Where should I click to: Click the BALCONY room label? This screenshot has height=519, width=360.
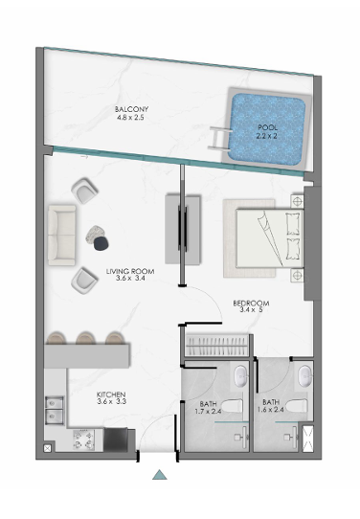coord(131,109)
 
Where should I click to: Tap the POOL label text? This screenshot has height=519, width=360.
coord(268,127)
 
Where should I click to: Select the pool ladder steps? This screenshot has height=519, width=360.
coord(219,138)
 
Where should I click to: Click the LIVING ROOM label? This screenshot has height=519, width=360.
coord(130,271)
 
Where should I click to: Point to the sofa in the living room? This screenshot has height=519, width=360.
coord(62,235)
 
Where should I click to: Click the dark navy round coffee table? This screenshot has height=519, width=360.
coord(101,243)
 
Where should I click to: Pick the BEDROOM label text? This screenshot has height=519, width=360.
coord(251,304)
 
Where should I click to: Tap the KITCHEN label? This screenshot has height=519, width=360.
coord(111,395)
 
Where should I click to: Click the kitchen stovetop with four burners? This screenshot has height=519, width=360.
coord(83,440)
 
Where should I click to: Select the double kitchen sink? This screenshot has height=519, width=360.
coord(55,410)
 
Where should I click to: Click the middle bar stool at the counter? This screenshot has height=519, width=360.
coord(85,338)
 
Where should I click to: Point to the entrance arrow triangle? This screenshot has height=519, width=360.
coord(160,474)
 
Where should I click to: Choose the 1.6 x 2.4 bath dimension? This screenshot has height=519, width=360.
coord(271,410)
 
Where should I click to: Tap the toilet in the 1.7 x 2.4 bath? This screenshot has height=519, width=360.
coord(232,406)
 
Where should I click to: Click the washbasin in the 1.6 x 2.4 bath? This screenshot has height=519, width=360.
coord(305,376)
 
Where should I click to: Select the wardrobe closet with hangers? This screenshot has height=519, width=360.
coord(216,346)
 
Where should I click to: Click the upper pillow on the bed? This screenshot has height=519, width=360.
coord(293,224)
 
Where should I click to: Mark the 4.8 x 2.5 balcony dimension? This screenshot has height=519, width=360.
coord(130,117)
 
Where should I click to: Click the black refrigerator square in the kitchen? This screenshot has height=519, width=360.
coord(116,440)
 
